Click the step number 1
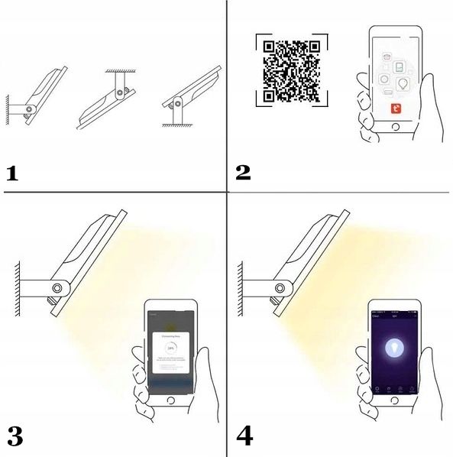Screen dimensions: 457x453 tap(11, 172)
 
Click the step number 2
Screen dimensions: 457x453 tap(243, 172)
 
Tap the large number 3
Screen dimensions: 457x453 tap(15, 437)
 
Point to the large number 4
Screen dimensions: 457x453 tap(244, 437)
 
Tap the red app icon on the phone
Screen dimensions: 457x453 tap(396, 109)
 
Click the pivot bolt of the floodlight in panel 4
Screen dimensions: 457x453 tap(280, 287)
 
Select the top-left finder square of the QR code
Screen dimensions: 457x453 tap(269, 47)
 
